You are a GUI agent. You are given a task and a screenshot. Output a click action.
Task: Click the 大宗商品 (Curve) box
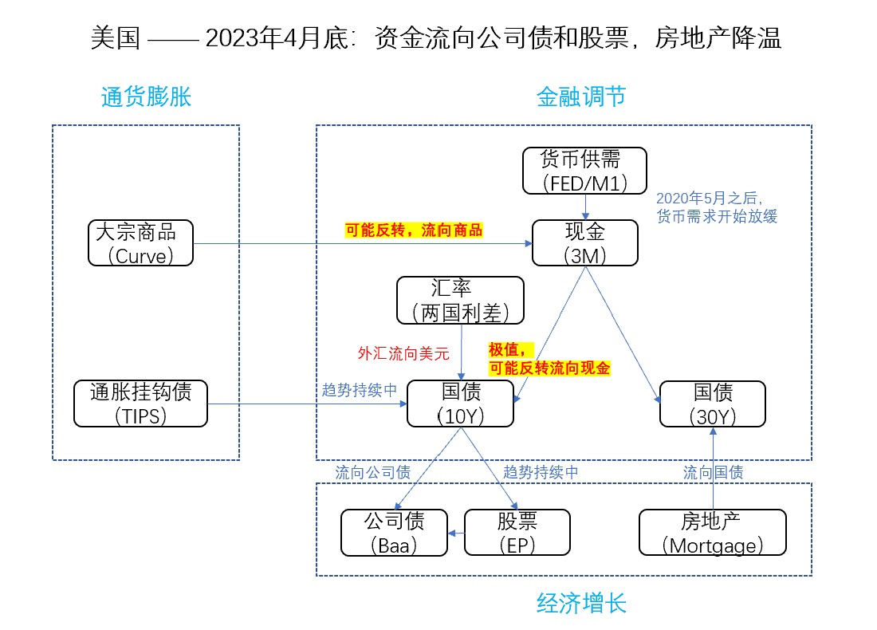click(140, 243)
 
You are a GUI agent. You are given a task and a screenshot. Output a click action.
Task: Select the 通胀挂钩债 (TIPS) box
click(140, 404)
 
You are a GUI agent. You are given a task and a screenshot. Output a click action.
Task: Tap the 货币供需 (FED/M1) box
click(585, 171)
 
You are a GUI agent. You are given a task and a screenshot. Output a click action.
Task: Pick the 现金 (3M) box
click(585, 243)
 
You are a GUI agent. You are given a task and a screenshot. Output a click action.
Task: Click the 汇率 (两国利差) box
click(461, 300)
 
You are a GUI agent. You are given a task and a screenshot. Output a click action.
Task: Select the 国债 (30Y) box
click(712, 404)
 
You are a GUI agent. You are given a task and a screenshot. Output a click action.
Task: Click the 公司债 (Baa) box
click(394, 533)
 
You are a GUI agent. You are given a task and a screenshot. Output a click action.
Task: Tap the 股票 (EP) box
click(517, 533)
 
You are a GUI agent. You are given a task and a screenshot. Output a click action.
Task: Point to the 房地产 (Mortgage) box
click(712, 533)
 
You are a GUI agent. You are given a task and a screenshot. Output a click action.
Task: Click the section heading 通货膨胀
click(146, 97)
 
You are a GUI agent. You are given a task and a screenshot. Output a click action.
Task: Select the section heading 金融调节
click(580, 97)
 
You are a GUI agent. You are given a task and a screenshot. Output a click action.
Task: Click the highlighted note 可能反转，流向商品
click(414, 230)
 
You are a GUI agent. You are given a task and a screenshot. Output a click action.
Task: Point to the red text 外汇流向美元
click(403, 352)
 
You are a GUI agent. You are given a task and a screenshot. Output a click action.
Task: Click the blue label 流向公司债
click(373, 472)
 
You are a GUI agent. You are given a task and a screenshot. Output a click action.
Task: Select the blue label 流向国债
click(713, 472)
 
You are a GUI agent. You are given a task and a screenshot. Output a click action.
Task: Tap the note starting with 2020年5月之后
click(716, 207)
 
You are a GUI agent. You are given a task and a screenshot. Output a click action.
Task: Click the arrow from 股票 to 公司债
click(456, 533)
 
